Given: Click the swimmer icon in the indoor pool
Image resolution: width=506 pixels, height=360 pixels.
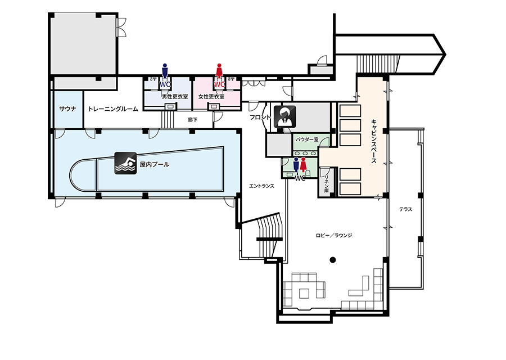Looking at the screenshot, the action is (125, 163).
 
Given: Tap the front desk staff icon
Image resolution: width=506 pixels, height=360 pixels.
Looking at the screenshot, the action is (285, 116).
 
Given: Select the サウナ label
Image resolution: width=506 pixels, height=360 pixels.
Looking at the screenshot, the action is (68, 109).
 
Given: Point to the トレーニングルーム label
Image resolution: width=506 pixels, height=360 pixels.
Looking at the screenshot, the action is (113, 109).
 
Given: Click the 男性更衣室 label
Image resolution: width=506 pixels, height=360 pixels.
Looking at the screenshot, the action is (175, 97).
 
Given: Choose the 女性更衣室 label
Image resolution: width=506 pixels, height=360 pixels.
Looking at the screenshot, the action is (211, 97).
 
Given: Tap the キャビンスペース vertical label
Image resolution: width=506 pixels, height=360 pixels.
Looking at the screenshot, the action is (374, 141).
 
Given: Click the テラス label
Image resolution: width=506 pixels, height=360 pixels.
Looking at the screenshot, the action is (405, 209).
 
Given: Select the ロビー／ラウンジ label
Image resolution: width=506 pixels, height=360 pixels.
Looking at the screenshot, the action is (333, 235).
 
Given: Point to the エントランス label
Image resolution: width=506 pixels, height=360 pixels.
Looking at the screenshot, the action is (261, 186).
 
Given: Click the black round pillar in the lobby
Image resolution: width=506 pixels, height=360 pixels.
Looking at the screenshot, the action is (333, 259).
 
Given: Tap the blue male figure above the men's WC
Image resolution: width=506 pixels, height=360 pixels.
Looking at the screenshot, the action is (165, 71).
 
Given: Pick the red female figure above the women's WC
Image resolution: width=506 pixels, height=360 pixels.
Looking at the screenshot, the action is (219, 71).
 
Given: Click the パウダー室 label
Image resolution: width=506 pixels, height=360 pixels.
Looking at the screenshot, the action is (307, 139).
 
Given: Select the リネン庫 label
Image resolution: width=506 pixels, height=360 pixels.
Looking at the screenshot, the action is (327, 184).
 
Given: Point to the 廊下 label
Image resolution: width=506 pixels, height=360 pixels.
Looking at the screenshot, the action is (193, 120).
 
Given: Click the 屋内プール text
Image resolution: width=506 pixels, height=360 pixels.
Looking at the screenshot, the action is (155, 164).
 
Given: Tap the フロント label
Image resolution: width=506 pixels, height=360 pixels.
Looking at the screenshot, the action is (260, 117).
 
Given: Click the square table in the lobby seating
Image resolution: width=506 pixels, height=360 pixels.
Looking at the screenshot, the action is (304, 293).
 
